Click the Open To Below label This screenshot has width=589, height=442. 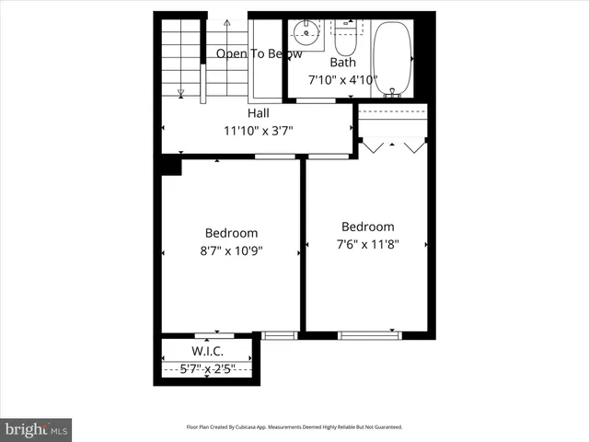260,53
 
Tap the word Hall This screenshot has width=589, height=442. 258,113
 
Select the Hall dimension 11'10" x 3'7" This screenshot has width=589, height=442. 258,130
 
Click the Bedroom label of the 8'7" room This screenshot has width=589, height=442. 231,233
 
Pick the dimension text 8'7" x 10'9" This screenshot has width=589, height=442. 231,250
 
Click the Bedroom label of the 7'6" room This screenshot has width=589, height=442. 367,227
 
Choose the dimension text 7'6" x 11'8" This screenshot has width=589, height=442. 367,244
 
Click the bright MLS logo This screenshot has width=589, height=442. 36,429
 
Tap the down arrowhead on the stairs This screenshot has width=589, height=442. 180,92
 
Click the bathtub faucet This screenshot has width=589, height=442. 394,91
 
